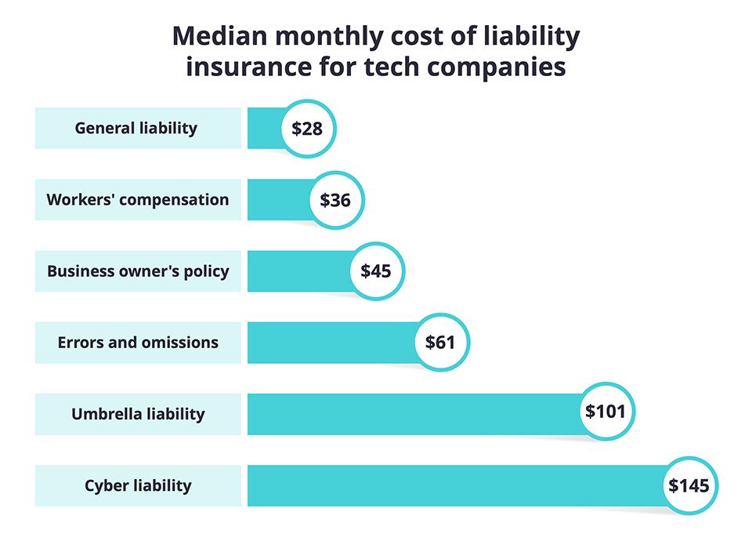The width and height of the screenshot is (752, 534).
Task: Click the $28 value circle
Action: tap(307, 129)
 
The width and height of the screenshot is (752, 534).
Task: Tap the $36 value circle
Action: tap(335, 200)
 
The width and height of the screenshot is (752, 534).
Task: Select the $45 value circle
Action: tap(376, 271)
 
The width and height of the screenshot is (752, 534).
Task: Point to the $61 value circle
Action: tap(440, 343)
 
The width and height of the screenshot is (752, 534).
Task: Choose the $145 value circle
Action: tap(689, 485)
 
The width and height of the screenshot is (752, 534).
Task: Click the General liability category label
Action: tap(136, 128)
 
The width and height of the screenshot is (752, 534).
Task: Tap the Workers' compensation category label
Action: tap(138, 199)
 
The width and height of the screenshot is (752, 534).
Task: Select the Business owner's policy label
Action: tap(138, 271)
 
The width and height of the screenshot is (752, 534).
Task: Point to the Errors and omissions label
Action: tap(138, 343)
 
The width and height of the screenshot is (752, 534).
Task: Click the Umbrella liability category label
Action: tap(138, 414)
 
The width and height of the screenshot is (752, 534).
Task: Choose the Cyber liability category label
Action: tap(138, 485)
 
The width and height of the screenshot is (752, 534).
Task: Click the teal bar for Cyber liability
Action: tap(454, 485)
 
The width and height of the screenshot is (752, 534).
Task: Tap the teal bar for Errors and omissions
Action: tap(329, 343)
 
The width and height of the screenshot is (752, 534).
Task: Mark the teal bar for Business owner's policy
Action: tap(298, 271)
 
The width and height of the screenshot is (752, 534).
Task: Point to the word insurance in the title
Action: tap(248, 67)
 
